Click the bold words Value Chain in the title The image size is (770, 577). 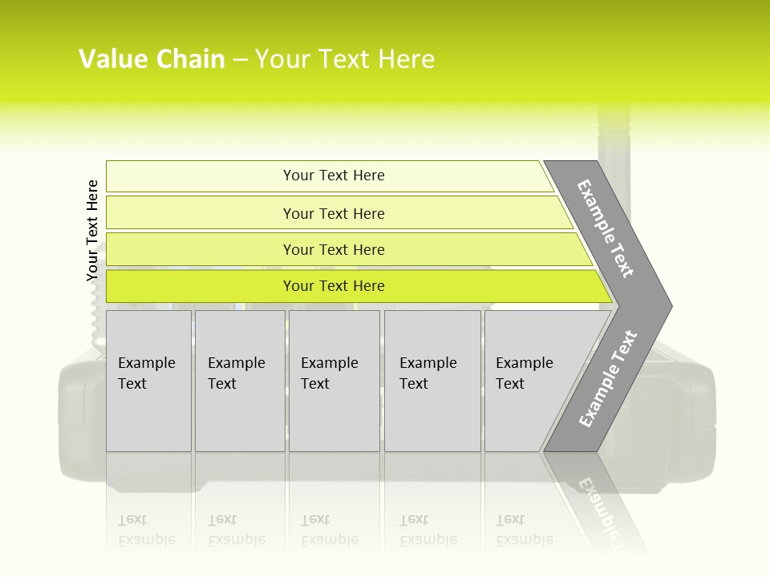pos(152,59)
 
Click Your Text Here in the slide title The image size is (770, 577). pos(345,59)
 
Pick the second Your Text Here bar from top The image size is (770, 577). pos(333,213)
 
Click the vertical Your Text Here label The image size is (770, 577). pos(92,230)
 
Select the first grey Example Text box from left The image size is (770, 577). pos(148,380)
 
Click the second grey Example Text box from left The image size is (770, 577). pos(239,380)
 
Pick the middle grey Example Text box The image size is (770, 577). pos(334,380)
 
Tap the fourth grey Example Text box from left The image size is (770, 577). pos(432,380)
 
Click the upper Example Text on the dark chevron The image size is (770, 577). pos(606,229)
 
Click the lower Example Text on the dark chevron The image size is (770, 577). pos(609,378)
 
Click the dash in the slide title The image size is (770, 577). pos(240,59)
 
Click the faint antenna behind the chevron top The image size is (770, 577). pos(614,132)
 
